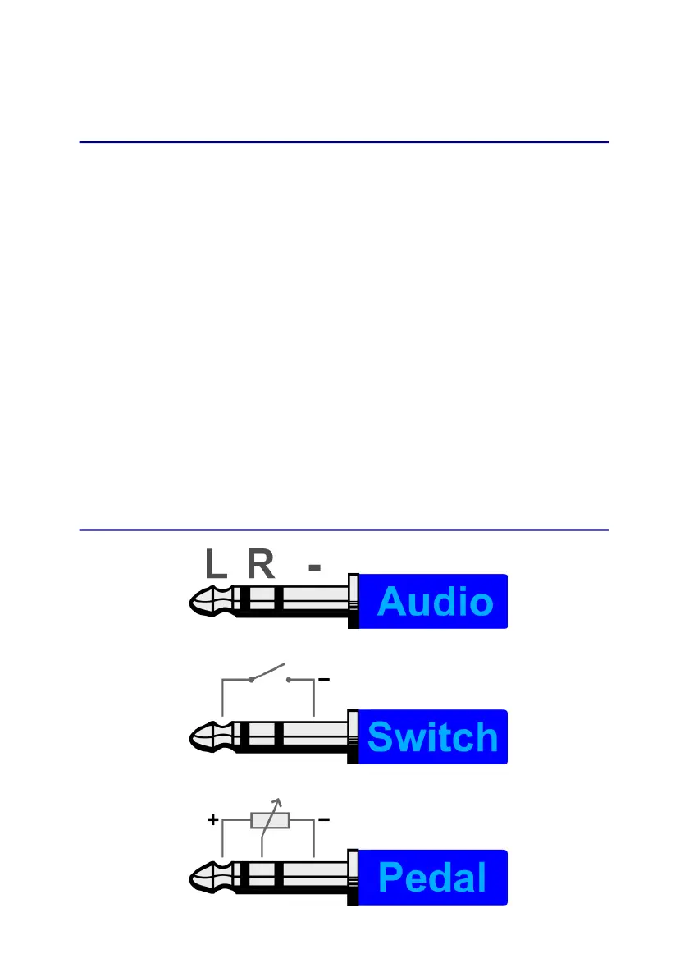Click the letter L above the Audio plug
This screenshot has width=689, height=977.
pos(215,565)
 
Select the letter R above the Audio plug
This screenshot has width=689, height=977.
pos(261,565)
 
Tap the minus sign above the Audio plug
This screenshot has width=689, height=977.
pos(314,566)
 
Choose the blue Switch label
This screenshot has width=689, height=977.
pos(433,736)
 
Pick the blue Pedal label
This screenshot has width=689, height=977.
pos(433,878)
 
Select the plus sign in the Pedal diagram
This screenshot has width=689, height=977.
pos(213,820)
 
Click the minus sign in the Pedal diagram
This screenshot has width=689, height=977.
pos(324,820)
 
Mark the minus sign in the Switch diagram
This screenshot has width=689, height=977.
pos(324,680)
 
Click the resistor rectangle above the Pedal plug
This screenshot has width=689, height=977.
pos(270,820)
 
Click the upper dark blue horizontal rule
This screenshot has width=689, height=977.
pos(344,142)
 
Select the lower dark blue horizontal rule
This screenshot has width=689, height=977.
pos(344,530)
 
